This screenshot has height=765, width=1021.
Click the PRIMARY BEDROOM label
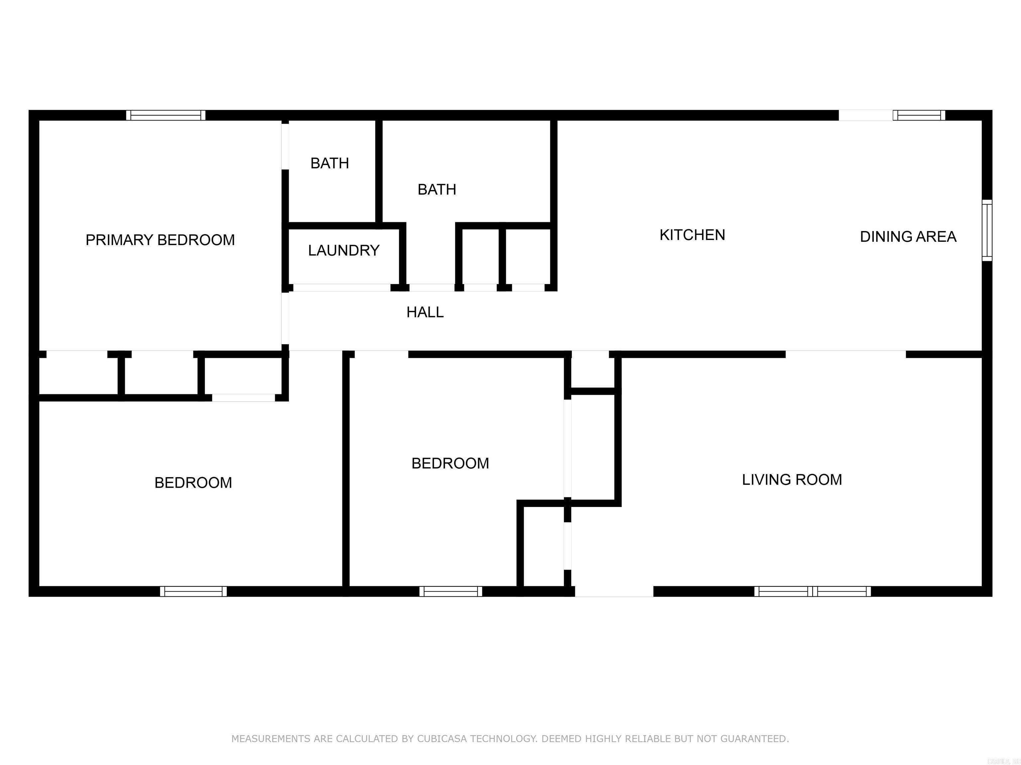(x=160, y=240)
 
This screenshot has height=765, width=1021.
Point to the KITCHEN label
(x=692, y=235)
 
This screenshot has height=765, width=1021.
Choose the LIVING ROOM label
(x=792, y=479)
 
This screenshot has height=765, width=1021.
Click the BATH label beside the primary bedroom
(x=330, y=163)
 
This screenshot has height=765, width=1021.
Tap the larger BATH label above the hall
(x=437, y=190)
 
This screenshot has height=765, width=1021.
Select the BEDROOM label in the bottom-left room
(x=193, y=483)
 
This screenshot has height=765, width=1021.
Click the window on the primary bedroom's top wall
(x=166, y=115)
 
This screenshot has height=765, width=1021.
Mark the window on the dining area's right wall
(x=986, y=230)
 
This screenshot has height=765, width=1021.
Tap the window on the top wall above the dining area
(x=919, y=115)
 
